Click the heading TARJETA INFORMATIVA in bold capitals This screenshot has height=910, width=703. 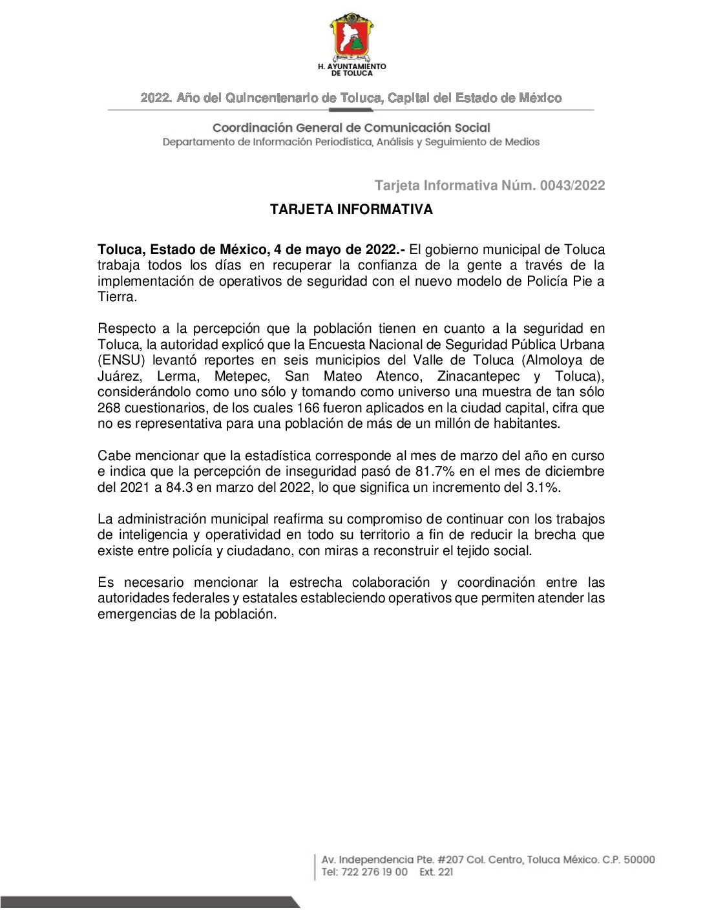pyautogui.click(x=351, y=209)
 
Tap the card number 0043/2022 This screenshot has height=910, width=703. pyautogui.click(x=572, y=186)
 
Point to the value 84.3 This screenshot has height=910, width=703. pyautogui.click(x=180, y=488)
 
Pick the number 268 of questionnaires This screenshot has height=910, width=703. pyautogui.click(x=109, y=408)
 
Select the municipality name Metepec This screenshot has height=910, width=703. pyautogui.click(x=242, y=377)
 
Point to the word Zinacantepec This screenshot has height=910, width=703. pyautogui.click(x=478, y=377)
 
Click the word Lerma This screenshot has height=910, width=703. pyautogui.click(x=177, y=377)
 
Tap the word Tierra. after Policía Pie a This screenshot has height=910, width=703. pyautogui.click(x=117, y=297)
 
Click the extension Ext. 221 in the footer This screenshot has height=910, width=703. pyautogui.click(x=436, y=873)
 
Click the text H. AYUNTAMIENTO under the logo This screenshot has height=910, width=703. pyautogui.click(x=351, y=67)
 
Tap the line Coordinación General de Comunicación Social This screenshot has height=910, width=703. pyautogui.click(x=351, y=128)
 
